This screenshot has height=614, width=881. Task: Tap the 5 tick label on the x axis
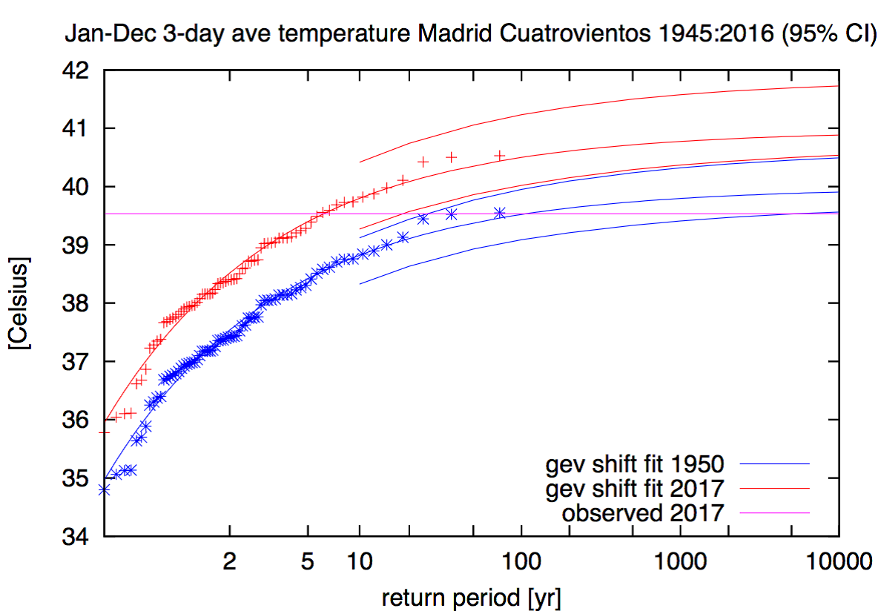point(308,561)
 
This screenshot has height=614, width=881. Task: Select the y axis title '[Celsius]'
point(20,303)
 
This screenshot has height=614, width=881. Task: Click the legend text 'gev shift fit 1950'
point(634,465)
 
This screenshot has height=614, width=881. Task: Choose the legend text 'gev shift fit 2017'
point(634,489)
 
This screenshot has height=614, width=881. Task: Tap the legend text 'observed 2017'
point(643,512)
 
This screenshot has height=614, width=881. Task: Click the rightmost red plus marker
point(500,155)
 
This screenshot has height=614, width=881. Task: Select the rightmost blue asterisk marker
point(500,213)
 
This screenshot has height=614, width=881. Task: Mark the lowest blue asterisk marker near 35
point(105,489)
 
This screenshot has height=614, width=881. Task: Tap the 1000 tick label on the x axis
point(680,561)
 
